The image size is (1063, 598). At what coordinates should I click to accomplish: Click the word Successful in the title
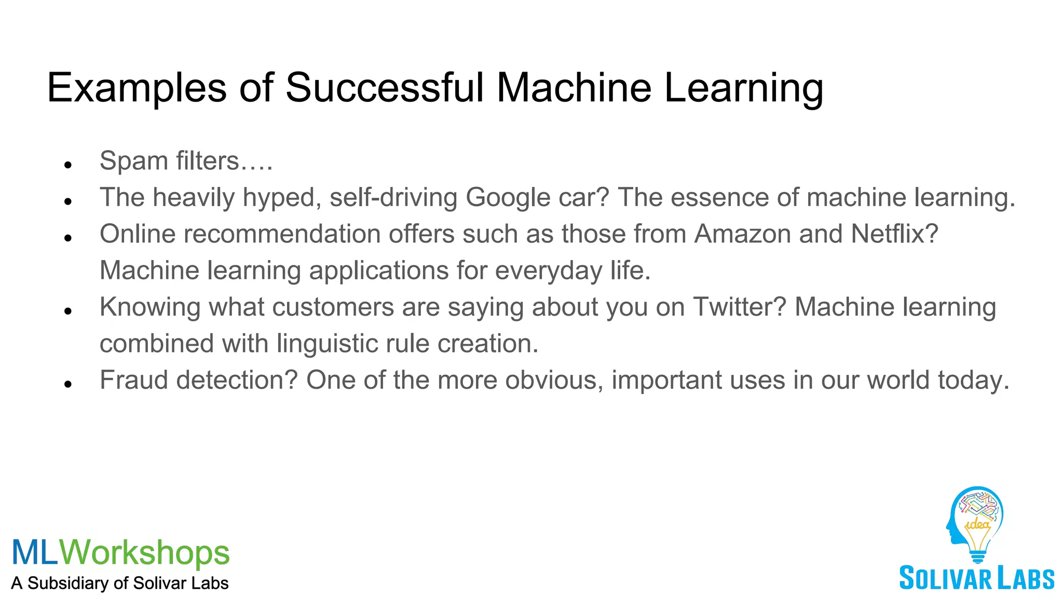(384, 87)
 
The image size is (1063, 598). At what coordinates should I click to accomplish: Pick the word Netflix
(895, 234)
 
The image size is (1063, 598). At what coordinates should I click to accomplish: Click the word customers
(333, 307)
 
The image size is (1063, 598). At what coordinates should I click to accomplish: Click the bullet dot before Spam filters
(67, 165)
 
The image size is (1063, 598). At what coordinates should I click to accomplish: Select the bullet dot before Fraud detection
(67, 385)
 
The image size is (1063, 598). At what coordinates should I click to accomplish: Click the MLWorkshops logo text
(120, 552)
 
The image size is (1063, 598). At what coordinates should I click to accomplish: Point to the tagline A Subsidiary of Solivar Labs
(120, 583)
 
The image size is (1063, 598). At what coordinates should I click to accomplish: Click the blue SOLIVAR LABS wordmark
(976, 578)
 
